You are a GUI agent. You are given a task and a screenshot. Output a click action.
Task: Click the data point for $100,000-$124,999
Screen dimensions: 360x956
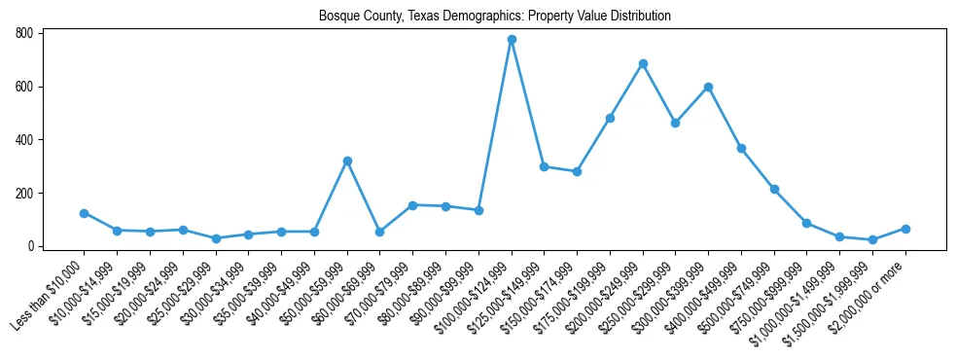click(x=512, y=40)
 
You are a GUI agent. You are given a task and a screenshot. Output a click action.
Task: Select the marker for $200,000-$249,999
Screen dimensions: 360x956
click(x=643, y=64)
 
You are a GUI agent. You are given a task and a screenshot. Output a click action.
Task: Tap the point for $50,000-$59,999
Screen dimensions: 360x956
click(x=347, y=161)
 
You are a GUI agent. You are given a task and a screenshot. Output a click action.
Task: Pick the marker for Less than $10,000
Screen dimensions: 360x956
click(x=85, y=213)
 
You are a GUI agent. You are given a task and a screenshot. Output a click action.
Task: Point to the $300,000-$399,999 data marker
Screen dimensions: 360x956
click(x=709, y=88)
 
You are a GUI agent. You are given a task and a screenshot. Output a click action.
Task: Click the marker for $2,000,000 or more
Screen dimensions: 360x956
click(x=905, y=229)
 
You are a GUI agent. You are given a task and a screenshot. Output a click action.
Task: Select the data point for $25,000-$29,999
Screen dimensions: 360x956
click(x=216, y=238)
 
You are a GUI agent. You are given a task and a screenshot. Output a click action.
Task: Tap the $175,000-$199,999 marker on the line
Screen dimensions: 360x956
click(x=610, y=119)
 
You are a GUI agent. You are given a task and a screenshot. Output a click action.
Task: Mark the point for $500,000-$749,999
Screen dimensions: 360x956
click(x=774, y=189)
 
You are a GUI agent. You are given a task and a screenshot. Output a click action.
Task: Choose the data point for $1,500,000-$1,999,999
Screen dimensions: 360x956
click(x=872, y=239)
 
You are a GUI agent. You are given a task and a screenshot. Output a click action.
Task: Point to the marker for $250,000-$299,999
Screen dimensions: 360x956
click(x=676, y=124)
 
